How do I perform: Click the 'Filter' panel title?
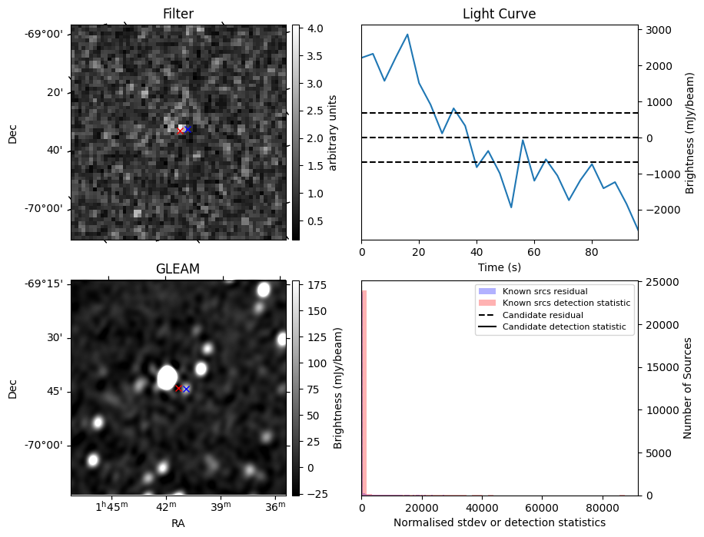pyautogui.click(x=178, y=14)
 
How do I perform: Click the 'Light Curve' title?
pyautogui.click(x=499, y=14)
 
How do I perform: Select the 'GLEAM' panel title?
pyautogui.click(x=178, y=269)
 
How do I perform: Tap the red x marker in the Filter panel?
pyautogui.click(x=181, y=131)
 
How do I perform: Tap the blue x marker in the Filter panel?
pyautogui.click(x=188, y=130)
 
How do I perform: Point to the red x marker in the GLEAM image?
pyautogui.click(x=178, y=389)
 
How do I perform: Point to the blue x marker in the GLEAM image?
pyautogui.click(x=186, y=389)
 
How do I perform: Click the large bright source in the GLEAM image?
pyautogui.click(x=166, y=377)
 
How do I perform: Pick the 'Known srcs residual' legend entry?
pyautogui.click(x=533, y=292)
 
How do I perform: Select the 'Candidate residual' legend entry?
pyautogui.click(x=543, y=316)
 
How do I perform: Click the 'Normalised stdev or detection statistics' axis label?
pyautogui.click(x=499, y=522)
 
